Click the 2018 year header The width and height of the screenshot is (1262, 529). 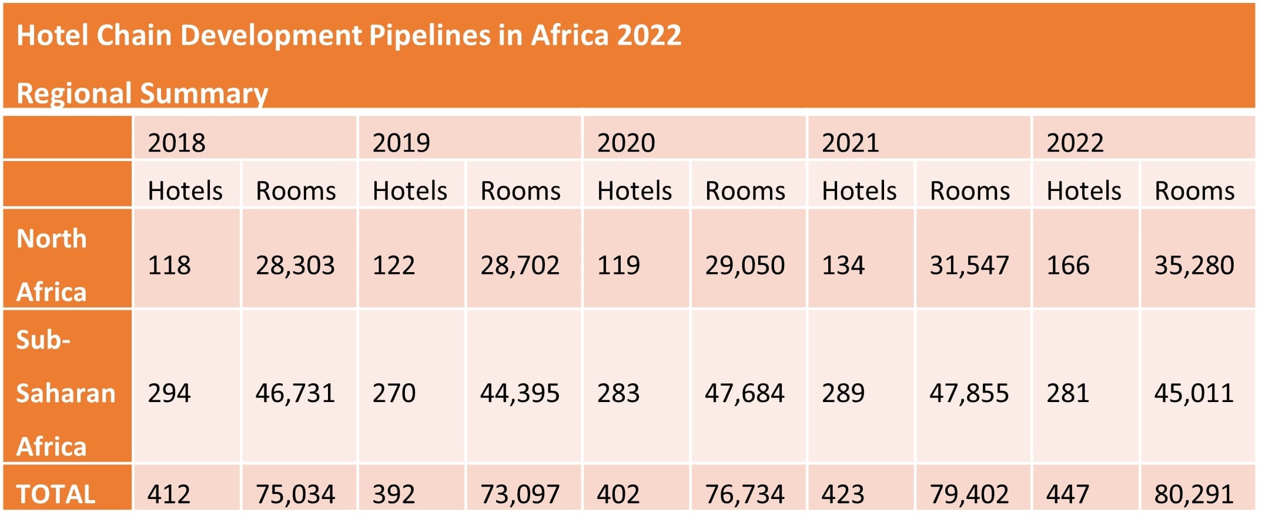(x=176, y=143)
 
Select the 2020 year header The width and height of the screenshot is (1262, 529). (x=626, y=143)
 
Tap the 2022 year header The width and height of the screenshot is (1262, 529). (x=1075, y=143)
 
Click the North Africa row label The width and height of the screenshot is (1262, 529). (x=52, y=264)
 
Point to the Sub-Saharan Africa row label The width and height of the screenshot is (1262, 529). (x=65, y=393)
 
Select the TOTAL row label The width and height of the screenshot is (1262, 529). (x=56, y=494)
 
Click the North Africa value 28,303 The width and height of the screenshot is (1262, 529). (x=295, y=265)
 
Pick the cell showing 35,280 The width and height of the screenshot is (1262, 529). (x=1194, y=265)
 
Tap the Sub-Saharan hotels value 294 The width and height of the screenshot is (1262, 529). (x=169, y=393)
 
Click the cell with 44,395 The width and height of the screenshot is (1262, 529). (x=520, y=393)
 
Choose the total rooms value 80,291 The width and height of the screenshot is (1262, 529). (x=1194, y=494)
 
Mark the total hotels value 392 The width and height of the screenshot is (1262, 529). (x=394, y=494)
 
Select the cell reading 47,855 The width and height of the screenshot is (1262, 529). (x=969, y=393)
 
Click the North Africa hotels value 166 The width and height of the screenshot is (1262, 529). (x=1068, y=265)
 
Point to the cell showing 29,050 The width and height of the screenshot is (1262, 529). (x=745, y=265)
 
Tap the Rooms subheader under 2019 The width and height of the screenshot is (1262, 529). (x=520, y=191)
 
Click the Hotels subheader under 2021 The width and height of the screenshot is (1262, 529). (x=859, y=191)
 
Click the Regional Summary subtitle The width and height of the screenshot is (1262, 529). (x=142, y=93)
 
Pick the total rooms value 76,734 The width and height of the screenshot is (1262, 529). (x=745, y=494)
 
